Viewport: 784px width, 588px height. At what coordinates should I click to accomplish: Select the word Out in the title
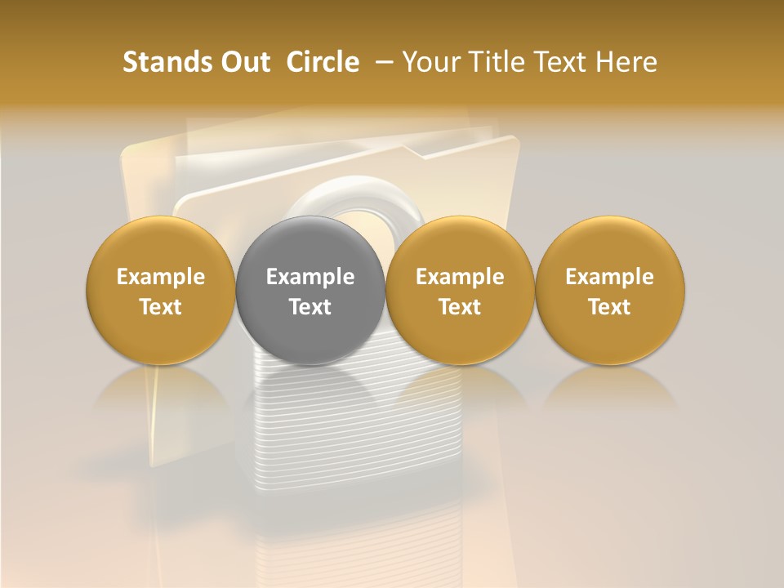pos(243,62)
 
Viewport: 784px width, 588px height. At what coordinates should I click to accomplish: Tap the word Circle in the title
pos(323,62)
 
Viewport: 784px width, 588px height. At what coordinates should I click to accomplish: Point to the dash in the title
pos(381,62)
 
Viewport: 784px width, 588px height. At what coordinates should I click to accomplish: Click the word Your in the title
pos(429,62)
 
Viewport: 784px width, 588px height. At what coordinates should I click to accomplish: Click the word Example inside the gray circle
pos(310,277)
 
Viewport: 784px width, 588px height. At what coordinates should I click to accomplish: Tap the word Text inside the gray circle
pos(310,307)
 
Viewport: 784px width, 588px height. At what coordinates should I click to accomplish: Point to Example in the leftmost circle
pos(161,277)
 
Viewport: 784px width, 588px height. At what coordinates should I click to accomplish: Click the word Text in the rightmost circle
pos(609,307)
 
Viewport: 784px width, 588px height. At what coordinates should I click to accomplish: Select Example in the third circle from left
pos(460,277)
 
